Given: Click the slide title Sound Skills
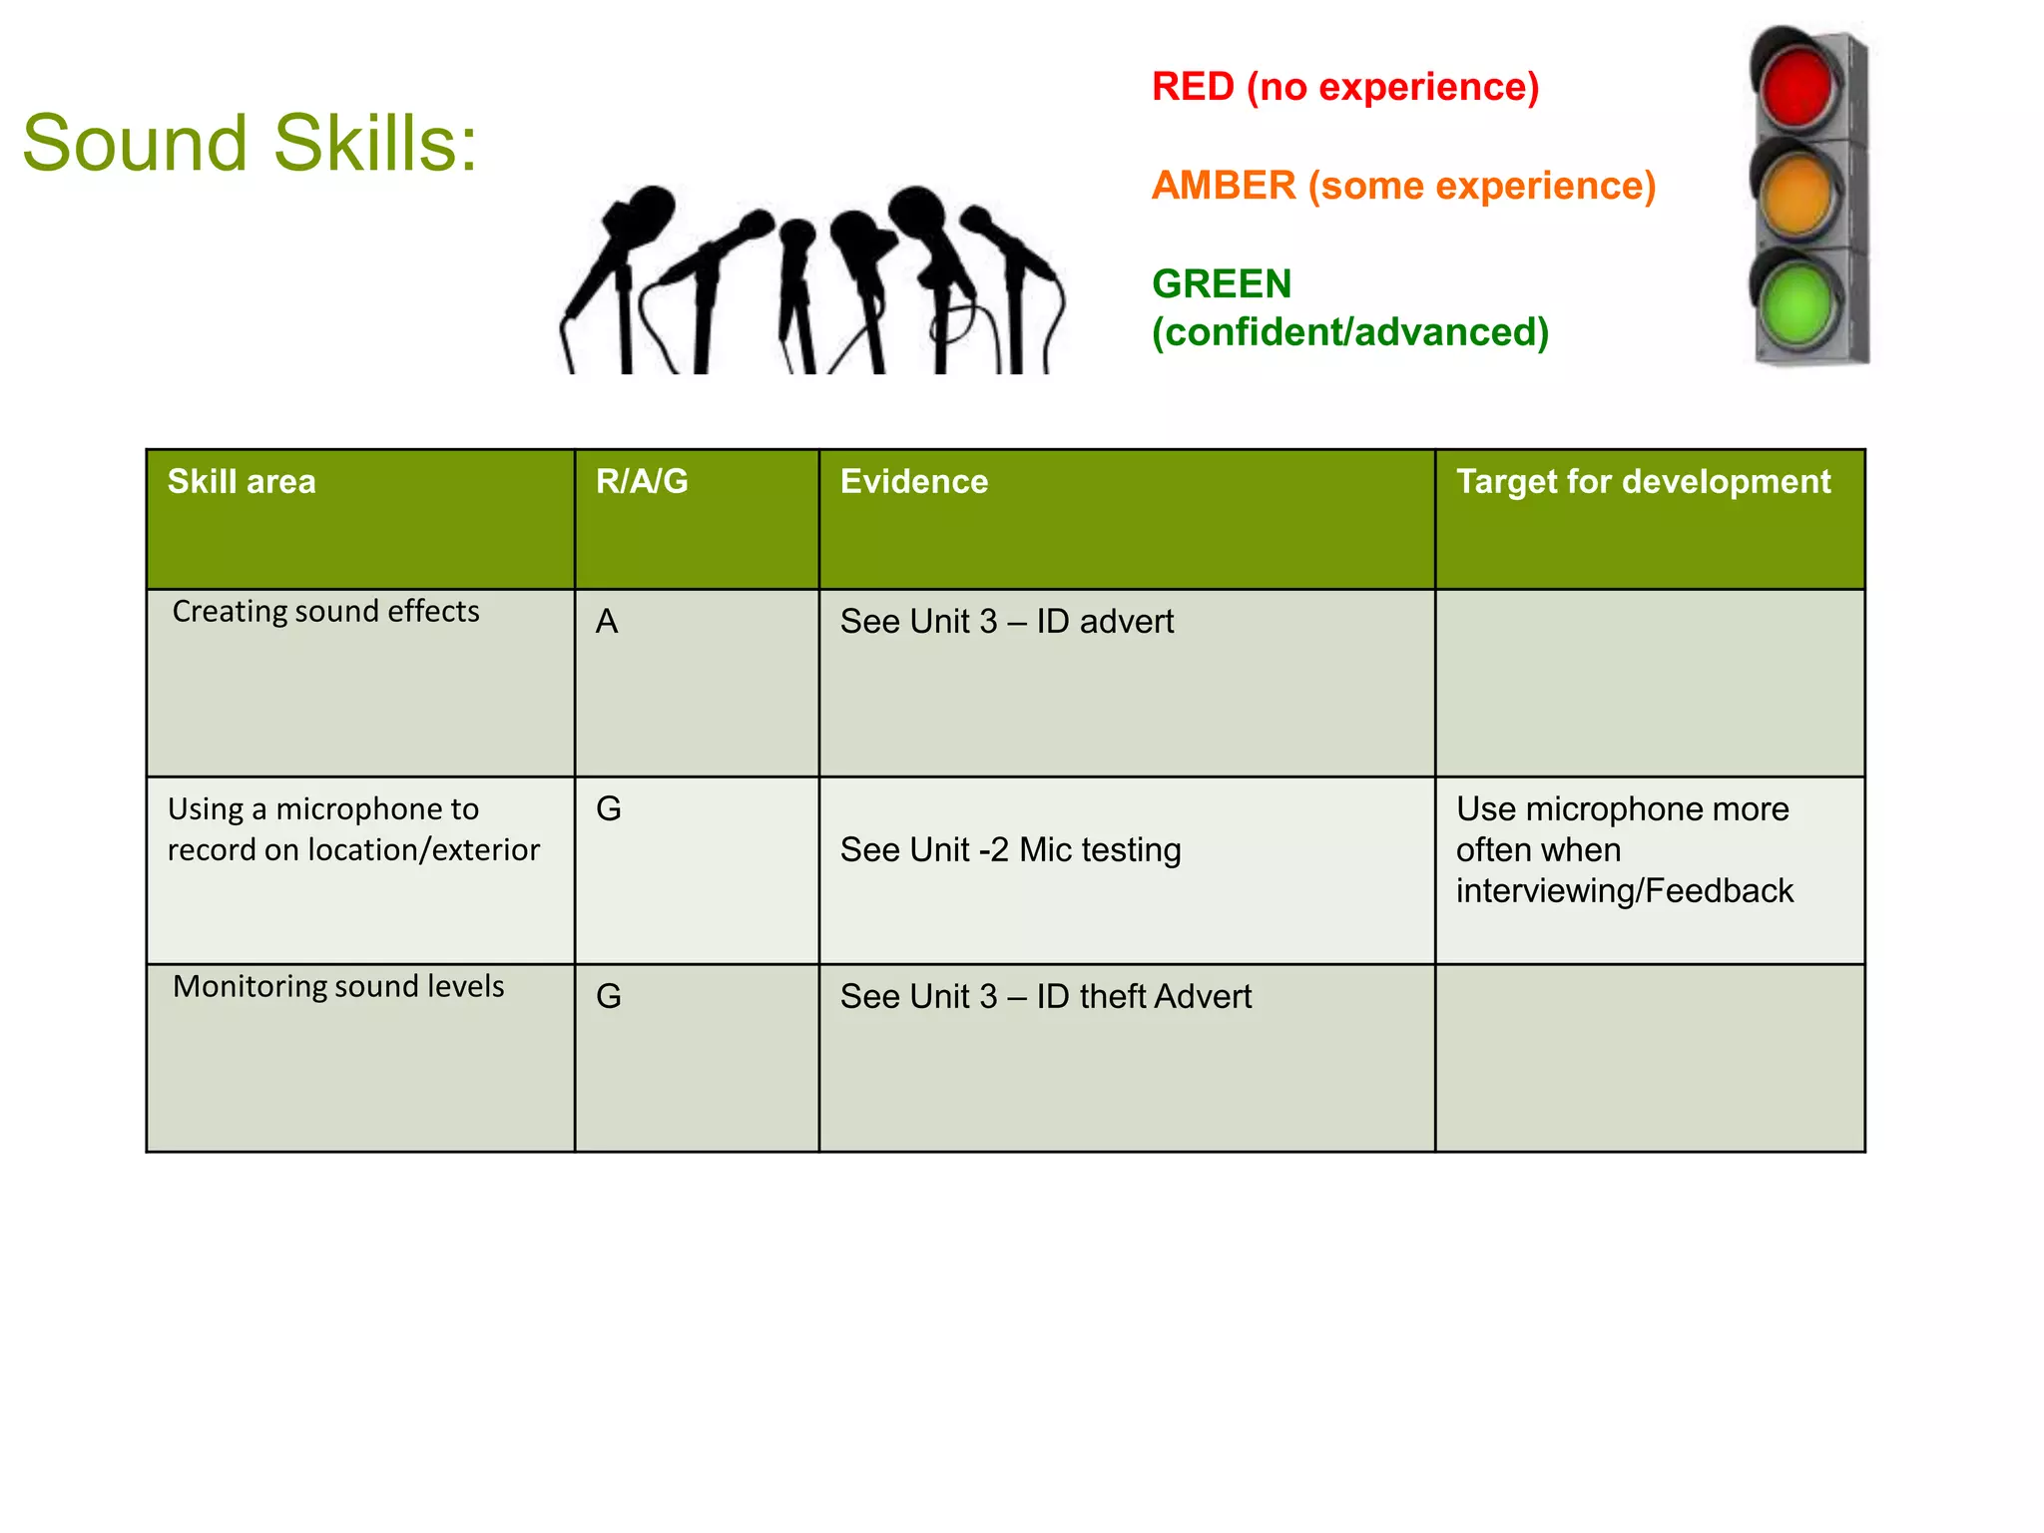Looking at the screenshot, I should (250, 143).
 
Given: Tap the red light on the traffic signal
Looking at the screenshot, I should (1796, 85).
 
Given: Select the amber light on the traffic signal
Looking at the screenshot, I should (1797, 193).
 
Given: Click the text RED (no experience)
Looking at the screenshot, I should (1344, 87).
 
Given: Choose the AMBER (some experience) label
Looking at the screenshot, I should (1403, 186).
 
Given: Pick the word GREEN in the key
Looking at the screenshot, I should (1222, 284).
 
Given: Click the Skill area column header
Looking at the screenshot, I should (242, 482).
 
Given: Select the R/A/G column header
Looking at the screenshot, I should (642, 482).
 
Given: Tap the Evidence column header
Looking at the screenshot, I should (914, 482).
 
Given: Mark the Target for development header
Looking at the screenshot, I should (1643, 482).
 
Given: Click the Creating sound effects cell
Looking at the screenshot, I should (325, 611).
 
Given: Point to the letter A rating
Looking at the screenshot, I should (607, 622).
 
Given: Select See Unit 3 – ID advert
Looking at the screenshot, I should (1006, 622).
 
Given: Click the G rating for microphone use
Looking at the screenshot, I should (609, 809).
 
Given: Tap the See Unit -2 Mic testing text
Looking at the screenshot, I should (1010, 850).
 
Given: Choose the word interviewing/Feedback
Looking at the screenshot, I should (1624, 891).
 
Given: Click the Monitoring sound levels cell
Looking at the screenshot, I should (338, 986).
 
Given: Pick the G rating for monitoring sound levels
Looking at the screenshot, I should (609, 997).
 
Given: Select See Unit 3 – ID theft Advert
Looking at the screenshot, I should (1045, 997).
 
